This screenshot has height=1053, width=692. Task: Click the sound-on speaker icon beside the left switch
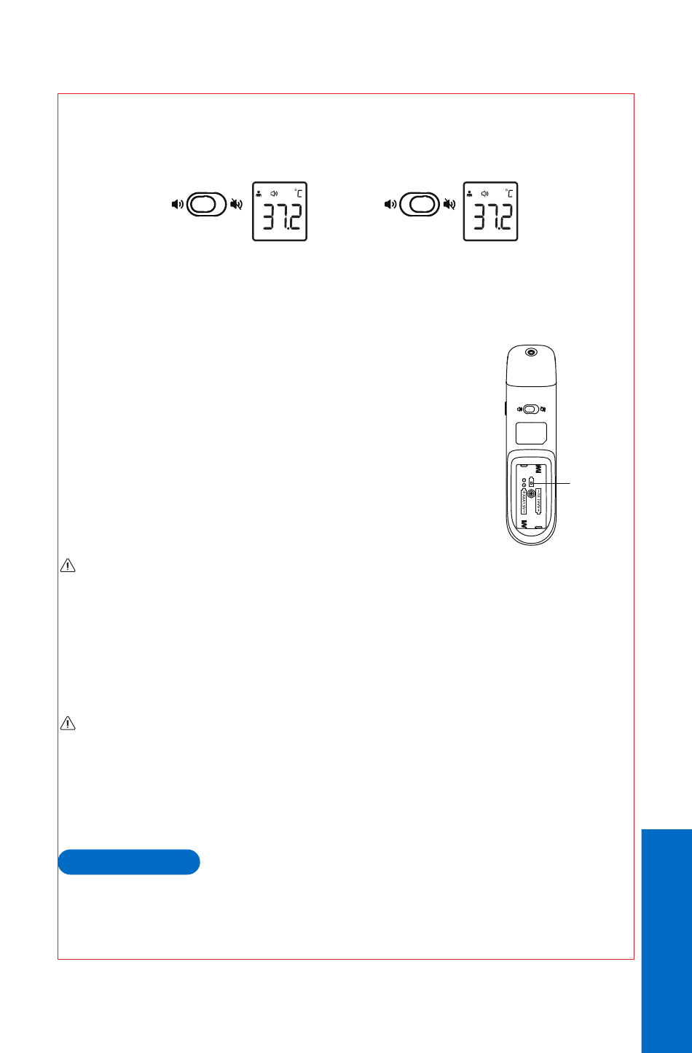[177, 204]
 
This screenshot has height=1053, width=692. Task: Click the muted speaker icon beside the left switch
[236, 204]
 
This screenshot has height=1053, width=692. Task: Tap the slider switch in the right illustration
[418, 204]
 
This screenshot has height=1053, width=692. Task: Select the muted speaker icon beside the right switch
[447, 204]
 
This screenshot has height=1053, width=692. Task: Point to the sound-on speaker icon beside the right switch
[389, 204]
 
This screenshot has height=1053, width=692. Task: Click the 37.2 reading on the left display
[280, 217]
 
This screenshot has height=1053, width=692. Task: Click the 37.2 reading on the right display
[492, 217]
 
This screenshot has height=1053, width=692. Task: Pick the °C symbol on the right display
[509, 193]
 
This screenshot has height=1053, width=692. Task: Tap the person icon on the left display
[259, 193]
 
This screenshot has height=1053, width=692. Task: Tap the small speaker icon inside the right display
[485, 193]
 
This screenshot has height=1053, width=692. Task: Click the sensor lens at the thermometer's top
[531, 353]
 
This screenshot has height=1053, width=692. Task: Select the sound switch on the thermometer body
[531, 409]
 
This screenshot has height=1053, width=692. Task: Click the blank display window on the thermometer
[531, 434]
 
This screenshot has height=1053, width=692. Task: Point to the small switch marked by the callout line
[532, 482]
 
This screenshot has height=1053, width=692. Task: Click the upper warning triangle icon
[68, 566]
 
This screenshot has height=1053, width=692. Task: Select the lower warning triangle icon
[68, 724]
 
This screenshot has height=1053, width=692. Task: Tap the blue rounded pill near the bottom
[129, 861]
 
